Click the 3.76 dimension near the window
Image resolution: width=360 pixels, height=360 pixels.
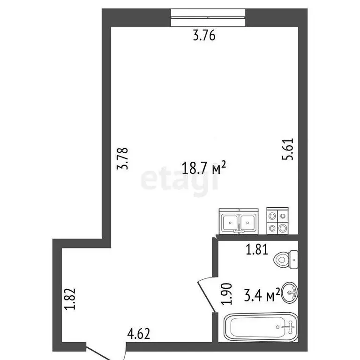204,35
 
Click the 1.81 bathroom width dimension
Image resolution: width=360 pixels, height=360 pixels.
256,249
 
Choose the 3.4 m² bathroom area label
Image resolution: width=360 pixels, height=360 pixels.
262,295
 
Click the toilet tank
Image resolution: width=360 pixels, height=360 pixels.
293,258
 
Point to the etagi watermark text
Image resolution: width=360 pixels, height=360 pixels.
180,180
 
